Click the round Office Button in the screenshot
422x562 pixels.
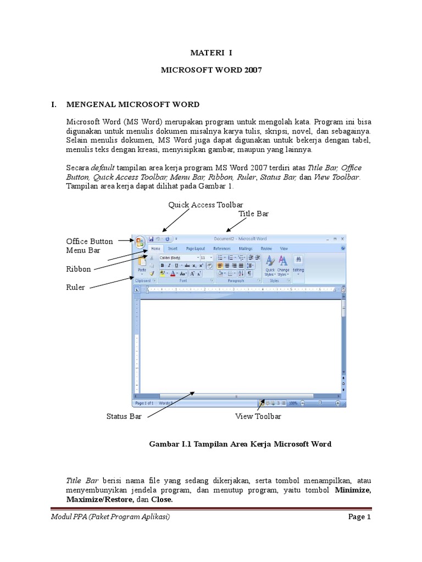point(140,241)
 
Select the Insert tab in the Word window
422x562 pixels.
point(173,249)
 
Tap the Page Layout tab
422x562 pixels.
point(195,249)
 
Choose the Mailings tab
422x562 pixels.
point(246,249)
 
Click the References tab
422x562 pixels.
point(221,249)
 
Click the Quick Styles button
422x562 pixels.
point(270,265)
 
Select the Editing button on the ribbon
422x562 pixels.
point(298,263)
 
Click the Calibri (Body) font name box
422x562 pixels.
point(177,257)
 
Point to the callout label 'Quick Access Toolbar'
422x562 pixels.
point(206,205)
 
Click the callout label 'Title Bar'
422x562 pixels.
point(253,213)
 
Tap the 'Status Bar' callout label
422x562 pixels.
point(124,417)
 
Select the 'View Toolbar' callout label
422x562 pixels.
point(258,417)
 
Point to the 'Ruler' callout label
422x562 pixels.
point(75,287)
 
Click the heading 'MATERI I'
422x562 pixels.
point(212,53)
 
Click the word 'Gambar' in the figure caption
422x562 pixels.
point(163,444)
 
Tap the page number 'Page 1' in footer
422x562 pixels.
point(360,517)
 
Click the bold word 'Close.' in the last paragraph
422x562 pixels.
point(162,500)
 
